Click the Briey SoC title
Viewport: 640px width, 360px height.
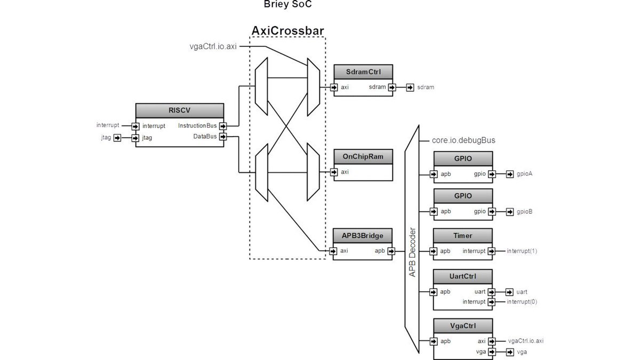288,4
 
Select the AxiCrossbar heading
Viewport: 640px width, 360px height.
287,30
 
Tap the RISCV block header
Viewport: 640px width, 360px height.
179,110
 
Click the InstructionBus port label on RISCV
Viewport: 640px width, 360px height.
197,126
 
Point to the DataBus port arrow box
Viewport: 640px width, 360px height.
222,137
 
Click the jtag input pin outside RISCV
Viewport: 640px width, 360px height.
117,138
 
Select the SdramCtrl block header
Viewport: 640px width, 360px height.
363,72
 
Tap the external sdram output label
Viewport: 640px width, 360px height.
426,87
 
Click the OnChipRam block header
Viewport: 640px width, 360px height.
363,157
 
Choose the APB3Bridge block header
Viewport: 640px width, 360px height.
363,235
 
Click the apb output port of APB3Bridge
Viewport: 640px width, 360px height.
391,251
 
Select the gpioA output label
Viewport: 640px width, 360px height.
525,174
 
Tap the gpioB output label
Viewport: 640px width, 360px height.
525,211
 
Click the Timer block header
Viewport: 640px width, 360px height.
462,235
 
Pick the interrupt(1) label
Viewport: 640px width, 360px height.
522,251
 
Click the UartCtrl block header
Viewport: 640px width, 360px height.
462,276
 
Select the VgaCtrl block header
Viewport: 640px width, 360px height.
462,325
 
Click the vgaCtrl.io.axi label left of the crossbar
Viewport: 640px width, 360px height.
213,46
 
